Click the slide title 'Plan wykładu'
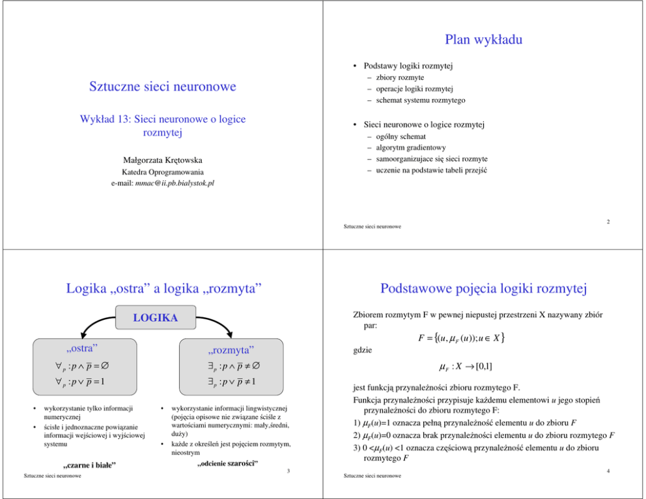[483, 40]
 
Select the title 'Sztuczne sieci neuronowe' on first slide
[162, 86]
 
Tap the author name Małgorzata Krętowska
[162, 160]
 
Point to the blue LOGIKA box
[155, 318]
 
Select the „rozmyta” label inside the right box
[232, 350]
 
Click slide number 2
[608, 222]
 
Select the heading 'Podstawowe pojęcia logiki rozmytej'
[484, 289]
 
